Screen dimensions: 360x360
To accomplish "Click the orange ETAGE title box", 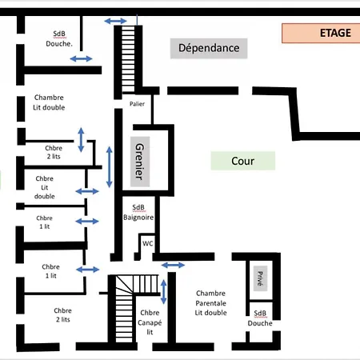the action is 321,33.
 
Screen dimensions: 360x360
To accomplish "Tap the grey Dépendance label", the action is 209,48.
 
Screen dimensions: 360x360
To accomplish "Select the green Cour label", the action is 243,161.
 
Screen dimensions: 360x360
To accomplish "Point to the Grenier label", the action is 140,162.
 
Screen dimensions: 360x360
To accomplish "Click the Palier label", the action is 137,104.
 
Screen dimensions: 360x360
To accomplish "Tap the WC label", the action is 148,243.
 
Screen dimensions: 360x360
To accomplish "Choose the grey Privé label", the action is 260,278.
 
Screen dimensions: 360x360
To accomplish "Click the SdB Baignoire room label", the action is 138,212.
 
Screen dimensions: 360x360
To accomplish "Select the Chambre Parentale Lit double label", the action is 210,303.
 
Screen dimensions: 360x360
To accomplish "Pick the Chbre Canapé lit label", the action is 150,322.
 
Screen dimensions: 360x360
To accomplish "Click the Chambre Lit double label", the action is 49,102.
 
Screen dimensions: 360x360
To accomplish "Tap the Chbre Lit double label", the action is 45,187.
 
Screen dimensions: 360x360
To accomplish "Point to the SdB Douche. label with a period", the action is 59,39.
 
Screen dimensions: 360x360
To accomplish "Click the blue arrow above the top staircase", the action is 115,21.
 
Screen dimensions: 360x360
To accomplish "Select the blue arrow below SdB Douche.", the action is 81,58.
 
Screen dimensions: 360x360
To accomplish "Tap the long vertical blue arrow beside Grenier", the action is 109,167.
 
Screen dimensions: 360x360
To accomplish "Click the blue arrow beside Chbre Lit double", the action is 87,191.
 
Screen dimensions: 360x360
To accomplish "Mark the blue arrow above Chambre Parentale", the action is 173,265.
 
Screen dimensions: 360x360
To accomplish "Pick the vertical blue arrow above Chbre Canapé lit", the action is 163,292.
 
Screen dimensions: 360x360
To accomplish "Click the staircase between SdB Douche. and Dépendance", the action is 128,59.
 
